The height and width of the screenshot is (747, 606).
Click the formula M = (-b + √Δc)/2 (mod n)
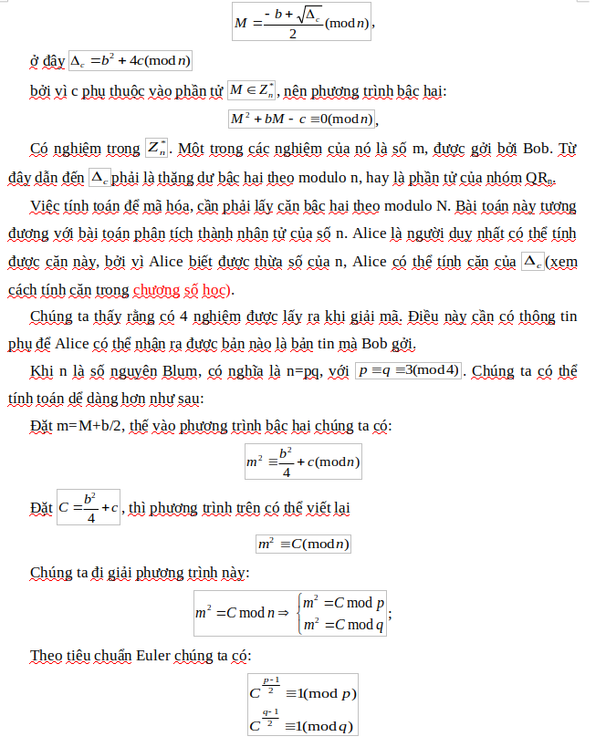tap(303, 21)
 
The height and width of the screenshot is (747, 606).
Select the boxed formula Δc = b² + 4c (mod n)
tap(130, 61)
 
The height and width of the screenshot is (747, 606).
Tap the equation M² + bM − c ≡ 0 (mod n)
tap(302, 119)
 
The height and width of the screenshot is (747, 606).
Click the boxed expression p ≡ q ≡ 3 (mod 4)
tap(410, 371)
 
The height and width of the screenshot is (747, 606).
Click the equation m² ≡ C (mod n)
tap(303, 544)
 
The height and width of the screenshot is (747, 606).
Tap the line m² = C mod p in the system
tap(343, 604)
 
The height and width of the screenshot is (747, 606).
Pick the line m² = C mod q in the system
tap(343, 625)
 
